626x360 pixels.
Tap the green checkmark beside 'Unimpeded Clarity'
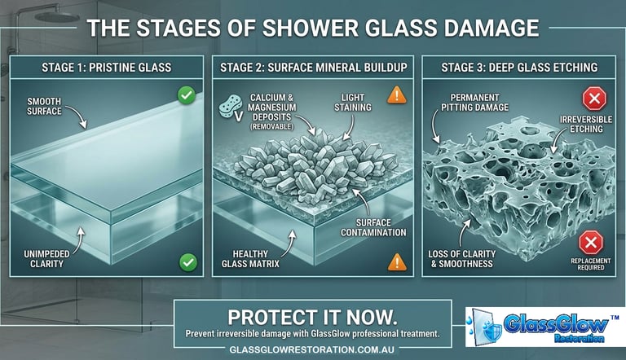pyautogui.click(x=187, y=262)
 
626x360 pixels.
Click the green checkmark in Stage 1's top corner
pyautogui.click(x=187, y=96)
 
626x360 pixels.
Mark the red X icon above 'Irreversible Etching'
pyautogui.click(x=593, y=99)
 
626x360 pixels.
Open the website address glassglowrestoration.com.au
pyautogui.click(x=312, y=349)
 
